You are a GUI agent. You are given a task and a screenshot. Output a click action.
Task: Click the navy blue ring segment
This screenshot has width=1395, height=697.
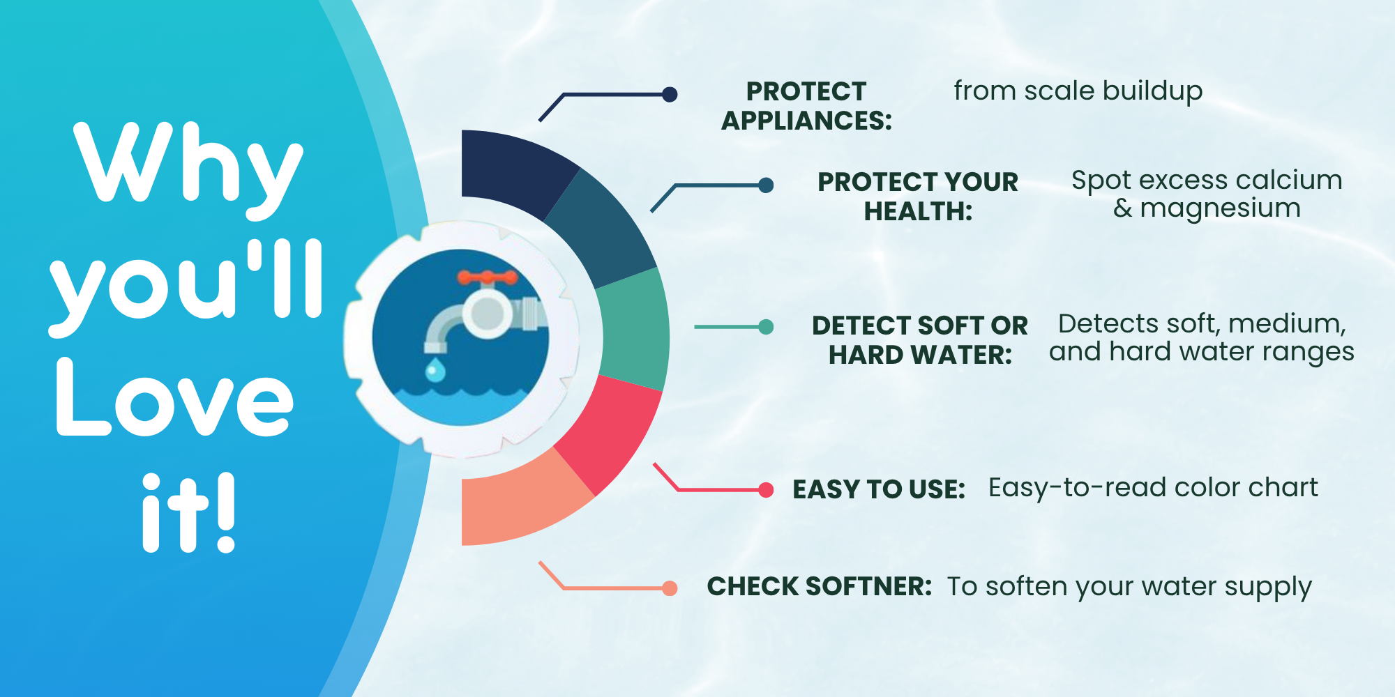[x=513, y=171]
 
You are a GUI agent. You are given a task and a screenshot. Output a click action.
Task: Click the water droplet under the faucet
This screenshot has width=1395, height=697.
[x=435, y=369]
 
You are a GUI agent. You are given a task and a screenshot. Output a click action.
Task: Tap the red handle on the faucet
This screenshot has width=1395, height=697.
[x=488, y=278]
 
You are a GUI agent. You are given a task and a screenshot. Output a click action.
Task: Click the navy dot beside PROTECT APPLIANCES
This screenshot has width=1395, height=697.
[x=670, y=94]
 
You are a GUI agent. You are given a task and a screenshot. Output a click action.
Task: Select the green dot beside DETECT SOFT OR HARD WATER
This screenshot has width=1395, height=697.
[x=766, y=326]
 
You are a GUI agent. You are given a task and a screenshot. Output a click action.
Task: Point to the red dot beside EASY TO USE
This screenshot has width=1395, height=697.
[x=766, y=490]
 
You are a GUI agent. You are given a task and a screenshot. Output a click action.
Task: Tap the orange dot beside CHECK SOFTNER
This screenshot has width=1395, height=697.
[x=670, y=588]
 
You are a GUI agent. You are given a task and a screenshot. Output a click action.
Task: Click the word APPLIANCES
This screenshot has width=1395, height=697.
[x=806, y=121]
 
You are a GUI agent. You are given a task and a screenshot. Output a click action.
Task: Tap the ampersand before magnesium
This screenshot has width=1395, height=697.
[x=1122, y=208]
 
